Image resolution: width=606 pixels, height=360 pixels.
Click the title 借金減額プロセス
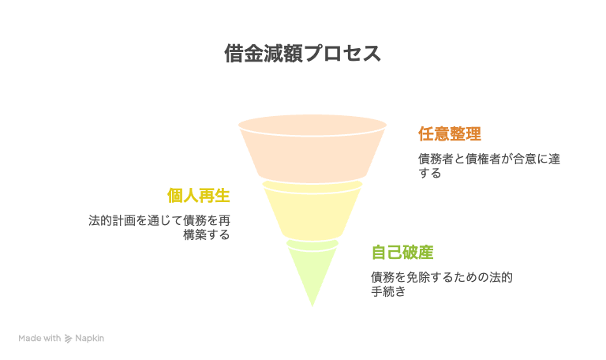(303, 54)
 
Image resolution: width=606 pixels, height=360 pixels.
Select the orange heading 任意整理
(450, 134)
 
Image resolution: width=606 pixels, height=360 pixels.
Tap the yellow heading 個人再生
(199, 196)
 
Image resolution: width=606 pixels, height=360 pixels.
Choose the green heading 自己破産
(402, 253)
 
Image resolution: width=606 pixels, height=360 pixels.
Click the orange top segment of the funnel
(312, 151)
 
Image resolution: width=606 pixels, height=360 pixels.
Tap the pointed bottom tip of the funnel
(312, 306)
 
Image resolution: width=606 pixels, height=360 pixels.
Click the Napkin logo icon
(68, 339)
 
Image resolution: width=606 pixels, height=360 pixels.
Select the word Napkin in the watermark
(90, 339)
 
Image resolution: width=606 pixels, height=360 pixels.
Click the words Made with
(39, 339)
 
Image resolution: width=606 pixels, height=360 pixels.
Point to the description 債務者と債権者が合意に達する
(489, 166)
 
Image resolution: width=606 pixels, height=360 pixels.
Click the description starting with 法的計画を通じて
(159, 227)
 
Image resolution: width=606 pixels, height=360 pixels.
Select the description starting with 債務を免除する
(442, 284)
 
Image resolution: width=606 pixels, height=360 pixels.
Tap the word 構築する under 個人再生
(207, 234)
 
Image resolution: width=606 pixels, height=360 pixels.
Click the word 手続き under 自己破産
(388, 291)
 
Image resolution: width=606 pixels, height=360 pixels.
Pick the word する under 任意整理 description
(430, 173)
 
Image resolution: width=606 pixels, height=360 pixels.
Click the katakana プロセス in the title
(342, 54)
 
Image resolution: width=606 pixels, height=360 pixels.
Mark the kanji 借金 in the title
(244, 54)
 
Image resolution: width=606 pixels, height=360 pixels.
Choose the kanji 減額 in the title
(284, 54)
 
